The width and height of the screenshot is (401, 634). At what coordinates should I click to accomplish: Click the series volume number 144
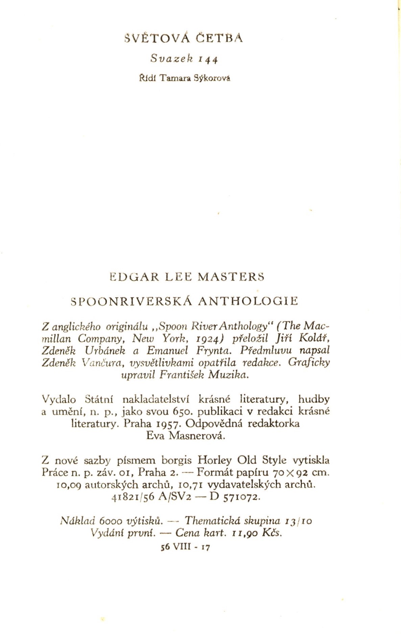coord(208,60)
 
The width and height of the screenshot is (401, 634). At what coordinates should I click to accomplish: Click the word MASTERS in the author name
coord(231,277)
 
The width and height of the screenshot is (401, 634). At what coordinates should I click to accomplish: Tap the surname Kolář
coord(316,338)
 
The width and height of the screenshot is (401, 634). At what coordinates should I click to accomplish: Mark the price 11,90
coord(245,533)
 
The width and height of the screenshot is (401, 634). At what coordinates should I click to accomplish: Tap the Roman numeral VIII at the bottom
coord(182,547)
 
